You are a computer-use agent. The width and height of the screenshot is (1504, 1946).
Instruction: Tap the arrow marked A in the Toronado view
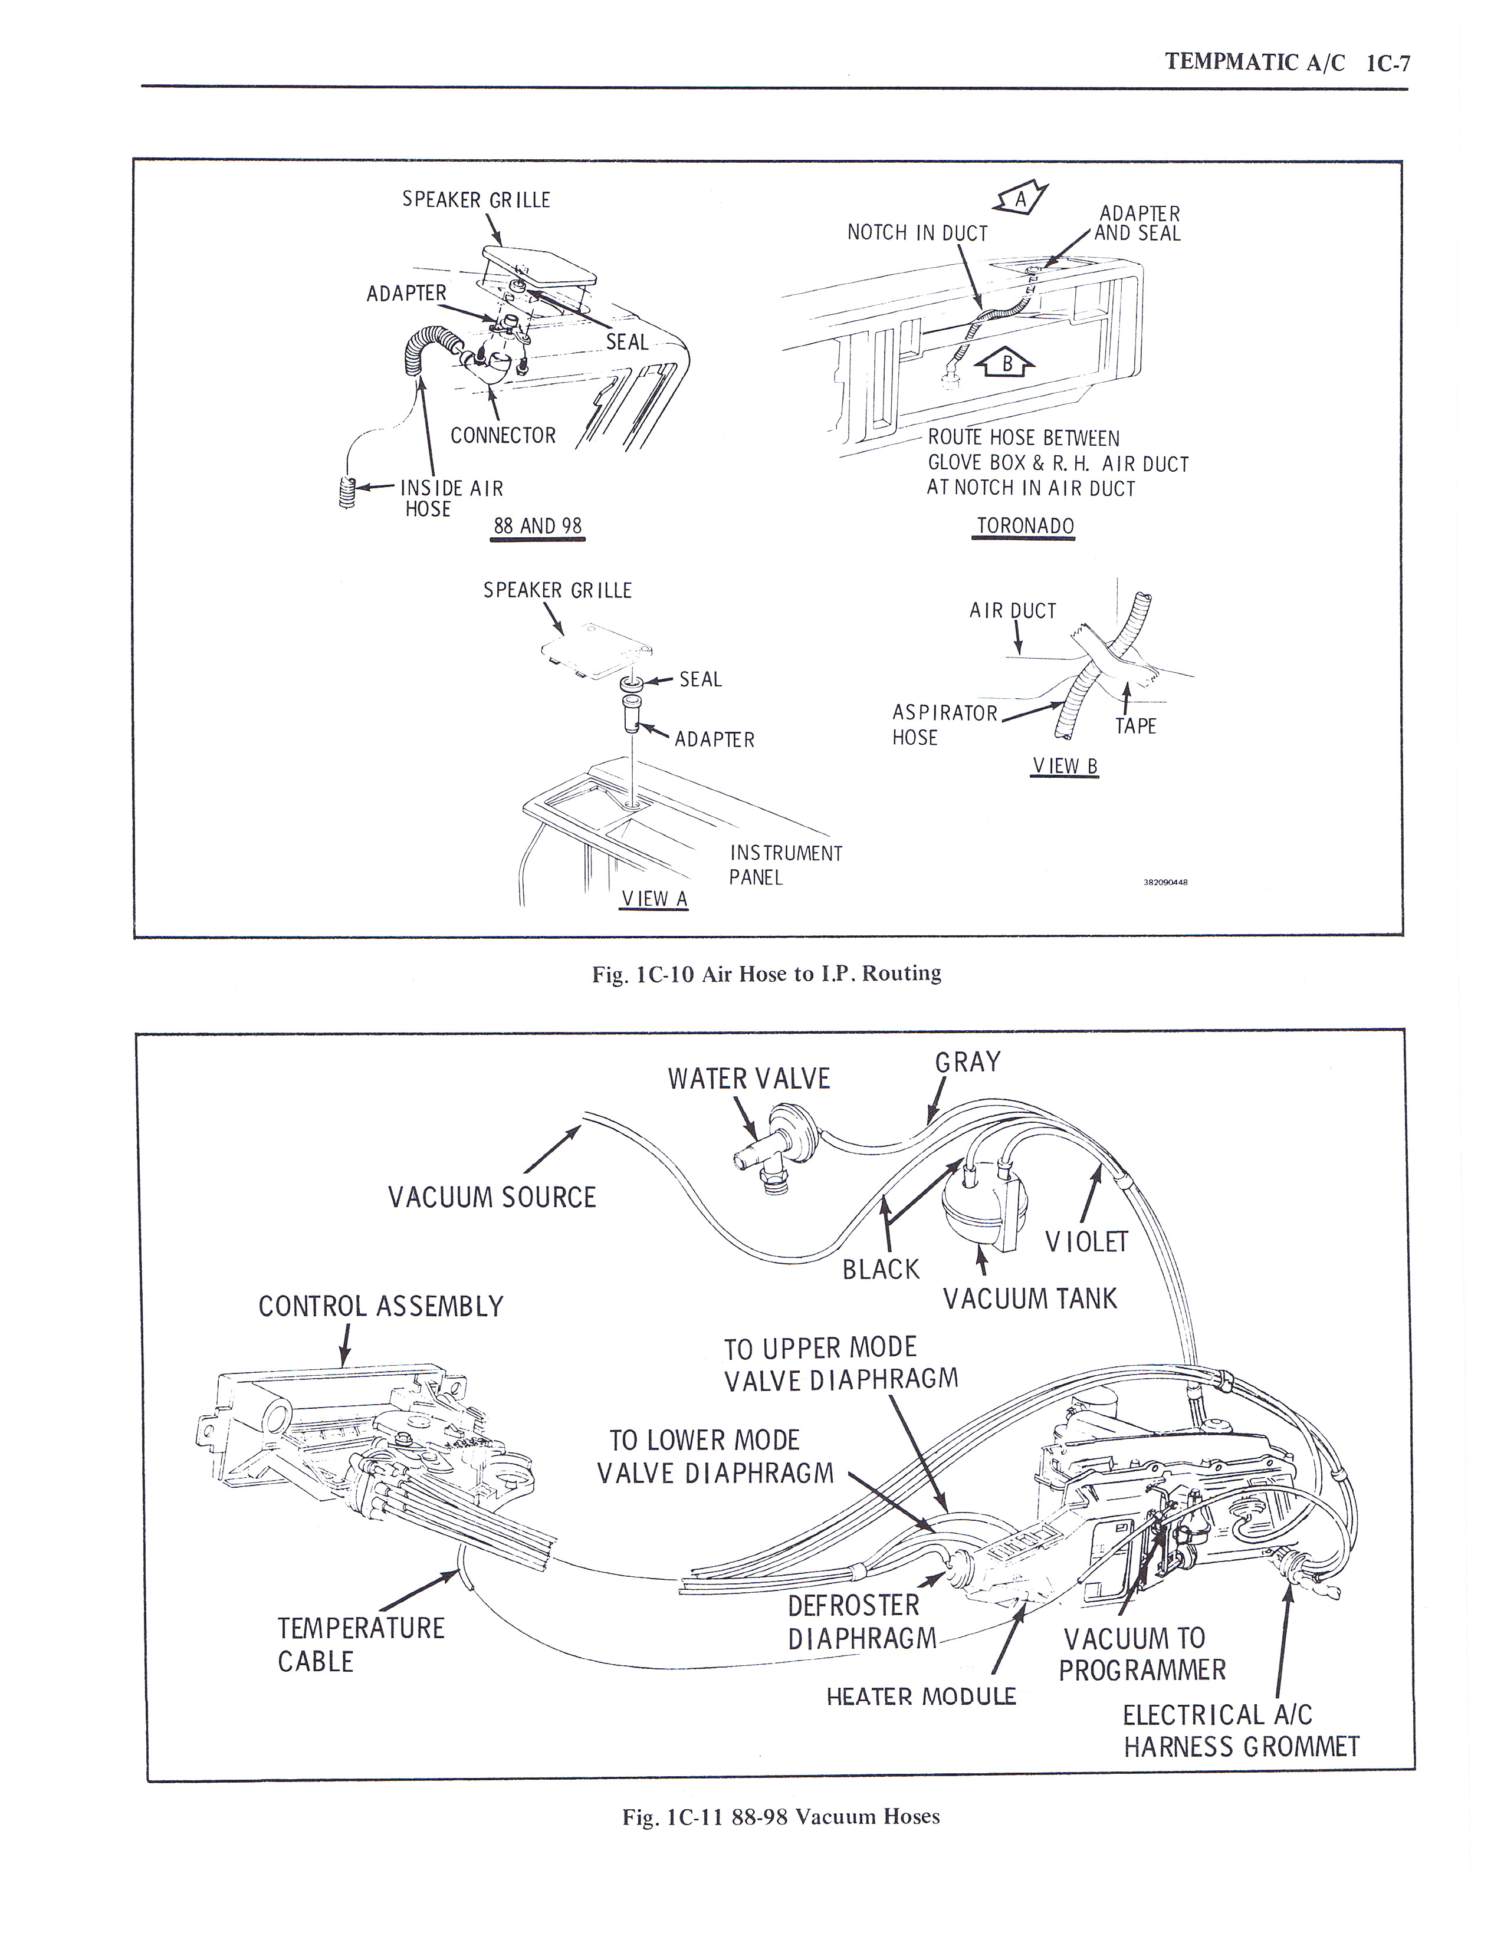[1021, 199]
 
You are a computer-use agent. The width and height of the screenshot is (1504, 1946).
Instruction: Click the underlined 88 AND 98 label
[537, 525]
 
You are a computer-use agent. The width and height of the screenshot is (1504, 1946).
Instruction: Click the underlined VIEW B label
[1065, 765]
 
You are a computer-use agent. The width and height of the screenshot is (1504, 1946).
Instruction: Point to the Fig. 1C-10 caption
[766, 973]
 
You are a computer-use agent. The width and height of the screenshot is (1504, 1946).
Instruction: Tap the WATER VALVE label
[748, 1079]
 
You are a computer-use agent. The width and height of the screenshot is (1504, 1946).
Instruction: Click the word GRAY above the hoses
[968, 1062]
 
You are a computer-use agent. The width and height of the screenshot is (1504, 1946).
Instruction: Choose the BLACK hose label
[881, 1269]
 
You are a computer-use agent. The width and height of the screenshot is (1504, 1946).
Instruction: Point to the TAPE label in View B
[1135, 726]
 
